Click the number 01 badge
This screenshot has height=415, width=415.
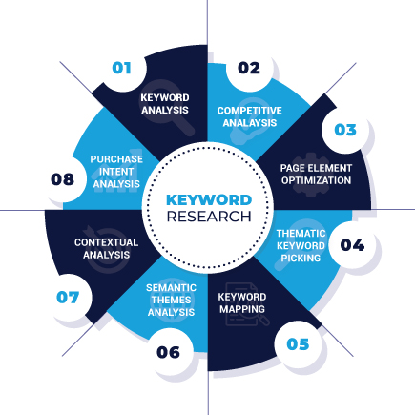121,68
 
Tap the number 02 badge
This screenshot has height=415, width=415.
249,68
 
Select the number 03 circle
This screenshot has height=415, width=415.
345,130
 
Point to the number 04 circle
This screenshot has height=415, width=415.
352,245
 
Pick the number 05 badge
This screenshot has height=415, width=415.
298,343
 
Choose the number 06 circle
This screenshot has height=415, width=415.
168,352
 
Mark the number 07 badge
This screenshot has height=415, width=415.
67,297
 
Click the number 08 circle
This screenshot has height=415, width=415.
62,179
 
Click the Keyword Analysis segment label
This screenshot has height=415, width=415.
165,103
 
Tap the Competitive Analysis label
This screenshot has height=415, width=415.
249,115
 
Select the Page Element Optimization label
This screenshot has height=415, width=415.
316,174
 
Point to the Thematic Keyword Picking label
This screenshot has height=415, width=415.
301,244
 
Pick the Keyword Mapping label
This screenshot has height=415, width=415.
241,302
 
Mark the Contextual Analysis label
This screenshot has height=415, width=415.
106,248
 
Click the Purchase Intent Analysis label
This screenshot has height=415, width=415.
116,171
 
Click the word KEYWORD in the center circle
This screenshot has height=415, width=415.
209,200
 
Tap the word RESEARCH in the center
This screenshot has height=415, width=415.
209,217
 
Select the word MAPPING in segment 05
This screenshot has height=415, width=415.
241,308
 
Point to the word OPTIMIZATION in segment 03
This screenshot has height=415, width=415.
316,179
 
